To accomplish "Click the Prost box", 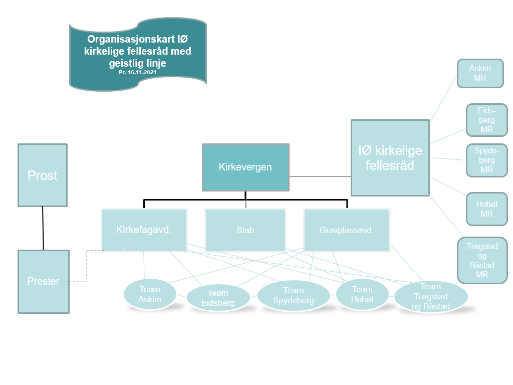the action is pyautogui.click(x=43, y=175).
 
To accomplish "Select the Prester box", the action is pyautogui.click(x=44, y=282).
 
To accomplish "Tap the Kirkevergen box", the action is pyautogui.click(x=245, y=167).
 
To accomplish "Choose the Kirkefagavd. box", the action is pyautogui.click(x=144, y=230).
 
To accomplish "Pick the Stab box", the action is pyautogui.click(x=245, y=230).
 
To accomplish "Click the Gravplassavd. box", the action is pyautogui.click(x=347, y=230).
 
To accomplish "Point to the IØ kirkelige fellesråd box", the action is pyautogui.click(x=390, y=158).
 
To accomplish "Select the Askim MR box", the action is pyautogui.click(x=480, y=73).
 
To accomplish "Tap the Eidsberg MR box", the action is pyautogui.click(x=487, y=120).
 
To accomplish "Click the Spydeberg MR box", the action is pyautogui.click(x=487, y=160).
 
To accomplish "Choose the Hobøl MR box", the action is pyautogui.click(x=487, y=209).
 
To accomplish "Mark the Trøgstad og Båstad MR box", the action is pyautogui.click(x=482, y=260).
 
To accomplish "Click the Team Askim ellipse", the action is pyautogui.click(x=150, y=294).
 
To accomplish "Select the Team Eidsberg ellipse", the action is pyautogui.click(x=218, y=298).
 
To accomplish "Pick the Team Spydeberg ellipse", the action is pyautogui.click(x=294, y=295).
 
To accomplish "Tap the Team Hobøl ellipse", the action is pyautogui.click(x=362, y=294).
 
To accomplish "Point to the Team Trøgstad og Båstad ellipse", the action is pyautogui.click(x=430, y=297).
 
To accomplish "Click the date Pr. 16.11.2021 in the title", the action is pyautogui.click(x=137, y=72).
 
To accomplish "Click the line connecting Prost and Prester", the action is pyautogui.click(x=43, y=228).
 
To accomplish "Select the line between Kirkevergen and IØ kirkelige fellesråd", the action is pyautogui.click(x=320, y=176).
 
